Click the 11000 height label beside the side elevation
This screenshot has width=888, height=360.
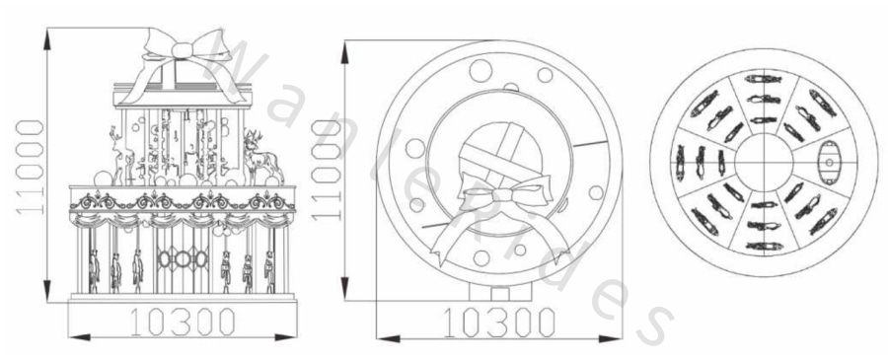pyautogui.click(x=30, y=167)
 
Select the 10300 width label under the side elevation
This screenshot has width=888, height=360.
pyautogui.click(x=183, y=322)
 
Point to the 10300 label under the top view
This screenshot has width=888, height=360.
pyautogui.click(x=498, y=323)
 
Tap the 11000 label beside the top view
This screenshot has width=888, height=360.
pyautogui.click(x=327, y=170)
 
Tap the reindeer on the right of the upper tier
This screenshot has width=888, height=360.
pyautogui.click(x=262, y=156)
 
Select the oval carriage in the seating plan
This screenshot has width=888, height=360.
pyautogui.click(x=829, y=163)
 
